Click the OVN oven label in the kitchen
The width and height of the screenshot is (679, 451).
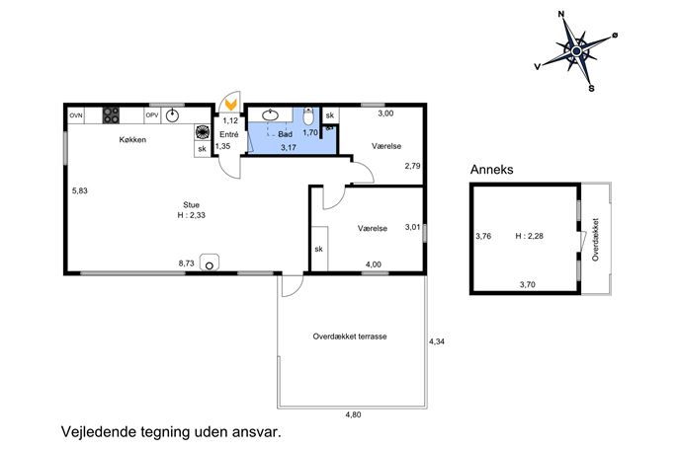tap(76, 115)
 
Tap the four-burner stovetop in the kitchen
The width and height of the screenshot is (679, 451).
tap(111, 115)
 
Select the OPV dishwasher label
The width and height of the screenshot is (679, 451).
tap(152, 115)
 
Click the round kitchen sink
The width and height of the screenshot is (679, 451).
tap(172, 115)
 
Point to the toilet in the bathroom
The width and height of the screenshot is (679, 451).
tap(308, 115)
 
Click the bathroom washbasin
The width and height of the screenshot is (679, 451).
tap(271, 115)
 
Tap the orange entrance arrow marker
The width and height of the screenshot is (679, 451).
tap(231, 105)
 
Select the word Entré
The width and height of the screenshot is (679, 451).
tap(229, 134)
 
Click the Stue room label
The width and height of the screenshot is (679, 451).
tap(191, 205)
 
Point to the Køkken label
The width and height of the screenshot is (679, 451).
tap(132, 140)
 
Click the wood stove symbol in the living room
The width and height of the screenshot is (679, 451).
tap(210, 263)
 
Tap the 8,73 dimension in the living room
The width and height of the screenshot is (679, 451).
tap(186, 263)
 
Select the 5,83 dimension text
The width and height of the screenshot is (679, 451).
tap(80, 190)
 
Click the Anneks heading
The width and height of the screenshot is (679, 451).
tap(492, 170)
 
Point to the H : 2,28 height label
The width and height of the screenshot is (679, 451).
tap(529, 236)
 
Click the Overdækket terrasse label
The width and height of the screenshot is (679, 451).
tap(350, 337)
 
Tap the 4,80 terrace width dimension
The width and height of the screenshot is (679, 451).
tap(353, 414)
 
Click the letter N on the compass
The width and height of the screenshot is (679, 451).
tap(561, 14)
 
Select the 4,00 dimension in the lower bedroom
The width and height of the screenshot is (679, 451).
tap(374, 264)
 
